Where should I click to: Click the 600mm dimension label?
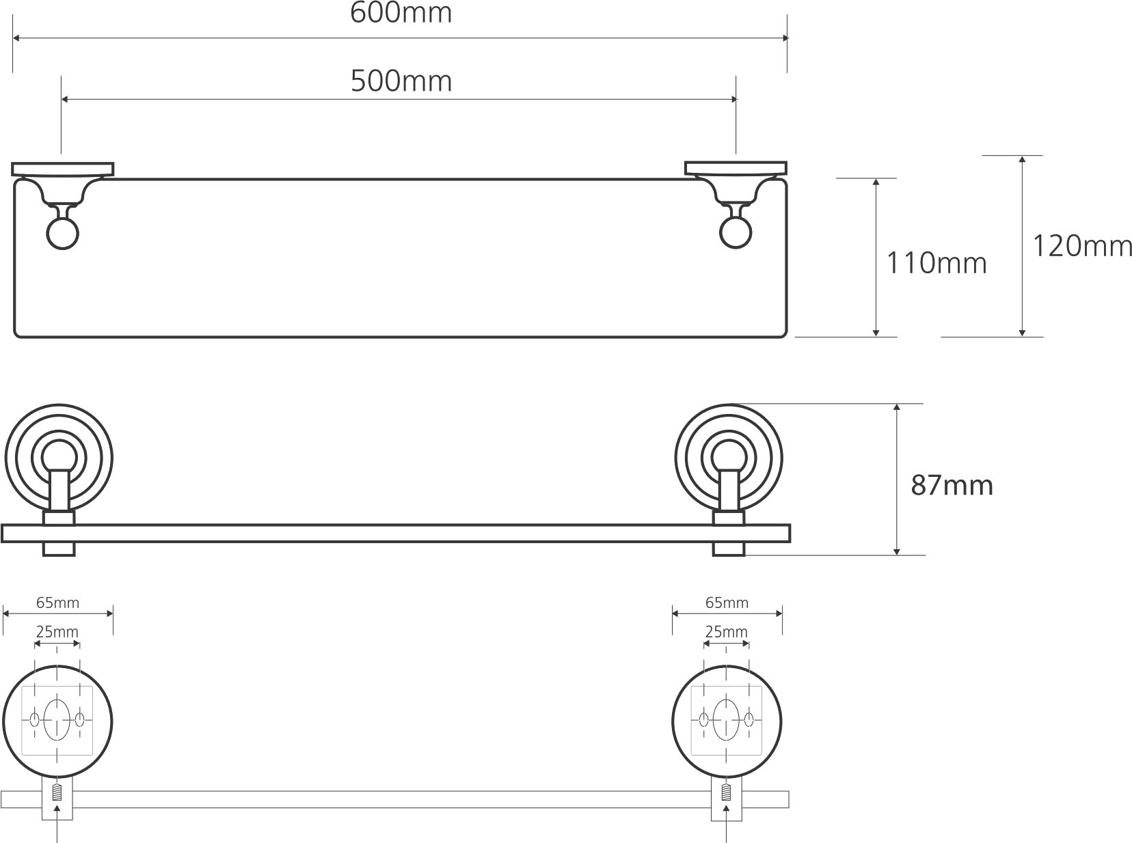pos(401,13)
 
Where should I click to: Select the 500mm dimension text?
pos(401,81)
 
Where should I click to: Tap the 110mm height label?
pos(936,263)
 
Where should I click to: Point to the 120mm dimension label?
pos(1082,246)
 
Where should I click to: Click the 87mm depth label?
pos(952,485)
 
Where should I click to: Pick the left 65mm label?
pos(57,603)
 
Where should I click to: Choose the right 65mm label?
pos(727,603)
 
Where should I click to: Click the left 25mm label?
pos(57,633)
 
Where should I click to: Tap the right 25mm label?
pos(726,633)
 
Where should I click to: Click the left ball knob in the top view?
pos(63,234)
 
